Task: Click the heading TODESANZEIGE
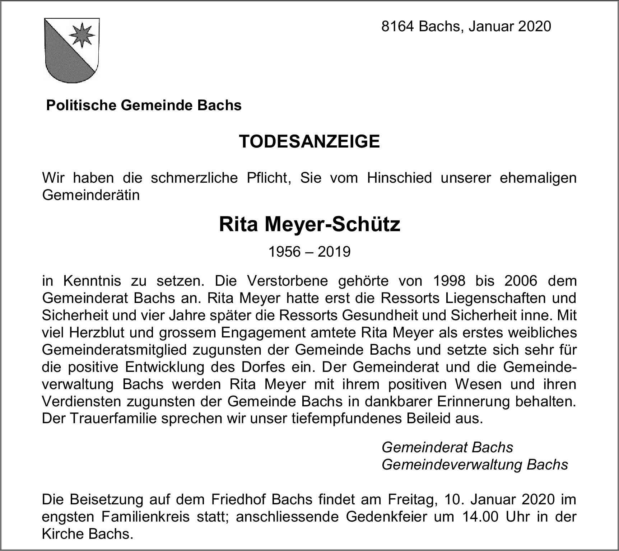coord(309,141)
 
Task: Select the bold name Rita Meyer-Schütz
coord(309,225)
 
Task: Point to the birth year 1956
coord(284,252)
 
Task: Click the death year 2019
coord(334,252)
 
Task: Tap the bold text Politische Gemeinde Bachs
coord(144,105)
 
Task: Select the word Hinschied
coord(399,178)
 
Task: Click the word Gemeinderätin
coord(91,196)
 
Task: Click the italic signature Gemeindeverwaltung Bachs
coord(475,465)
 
